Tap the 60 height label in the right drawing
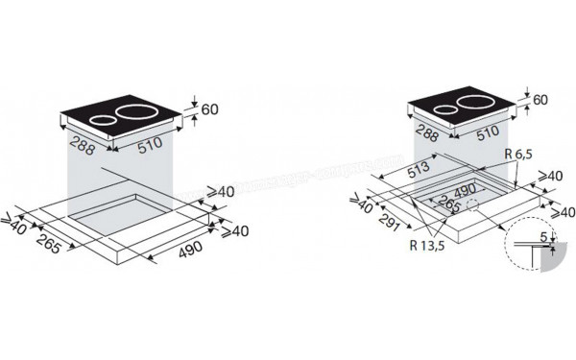(x=540, y=100)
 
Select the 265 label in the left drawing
(x=52, y=247)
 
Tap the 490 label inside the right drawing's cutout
(x=463, y=191)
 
